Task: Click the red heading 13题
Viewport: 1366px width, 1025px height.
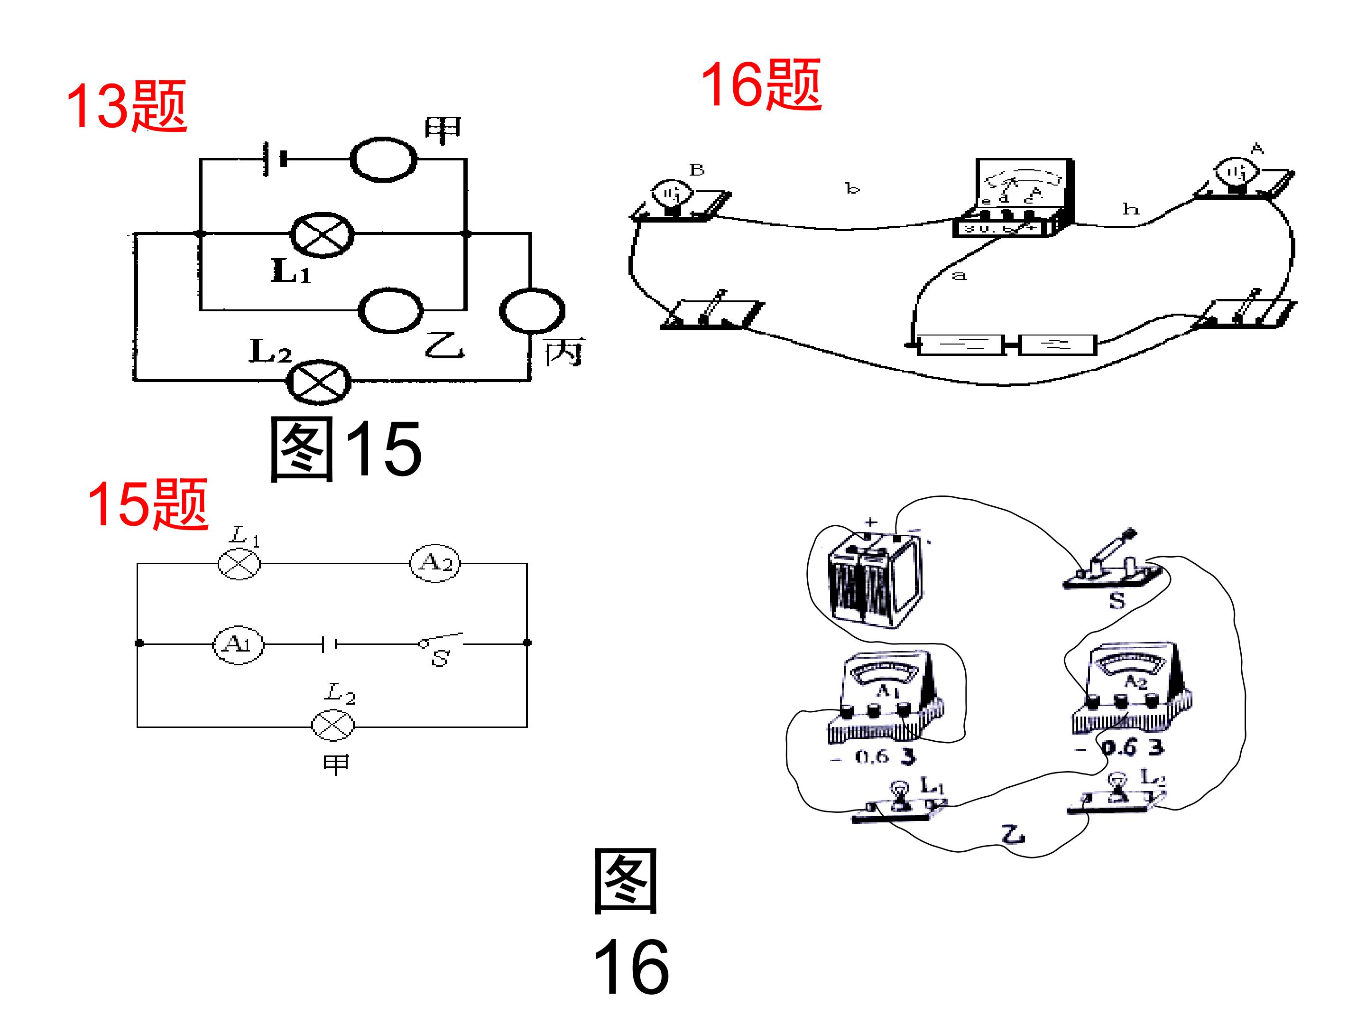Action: click(x=126, y=106)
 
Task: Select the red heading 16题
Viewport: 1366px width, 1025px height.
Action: click(x=760, y=85)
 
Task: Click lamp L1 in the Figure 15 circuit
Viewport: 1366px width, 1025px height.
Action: click(x=322, y=235)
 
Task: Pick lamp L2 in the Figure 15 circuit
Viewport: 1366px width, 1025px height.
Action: click(x=319, y=381)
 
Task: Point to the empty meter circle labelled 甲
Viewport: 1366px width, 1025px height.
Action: click(x=384, y=159)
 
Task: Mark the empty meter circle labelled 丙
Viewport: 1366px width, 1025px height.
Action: click(x=532, y=311)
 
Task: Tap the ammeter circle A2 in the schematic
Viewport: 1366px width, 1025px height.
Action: click(x=435, y=563)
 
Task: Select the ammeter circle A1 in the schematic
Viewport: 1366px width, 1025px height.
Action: click(x=238, y=644)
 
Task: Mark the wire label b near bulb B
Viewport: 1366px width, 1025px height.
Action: click(x=852, y=188)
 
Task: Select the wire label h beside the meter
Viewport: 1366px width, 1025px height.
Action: click(x=1130, y=209)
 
